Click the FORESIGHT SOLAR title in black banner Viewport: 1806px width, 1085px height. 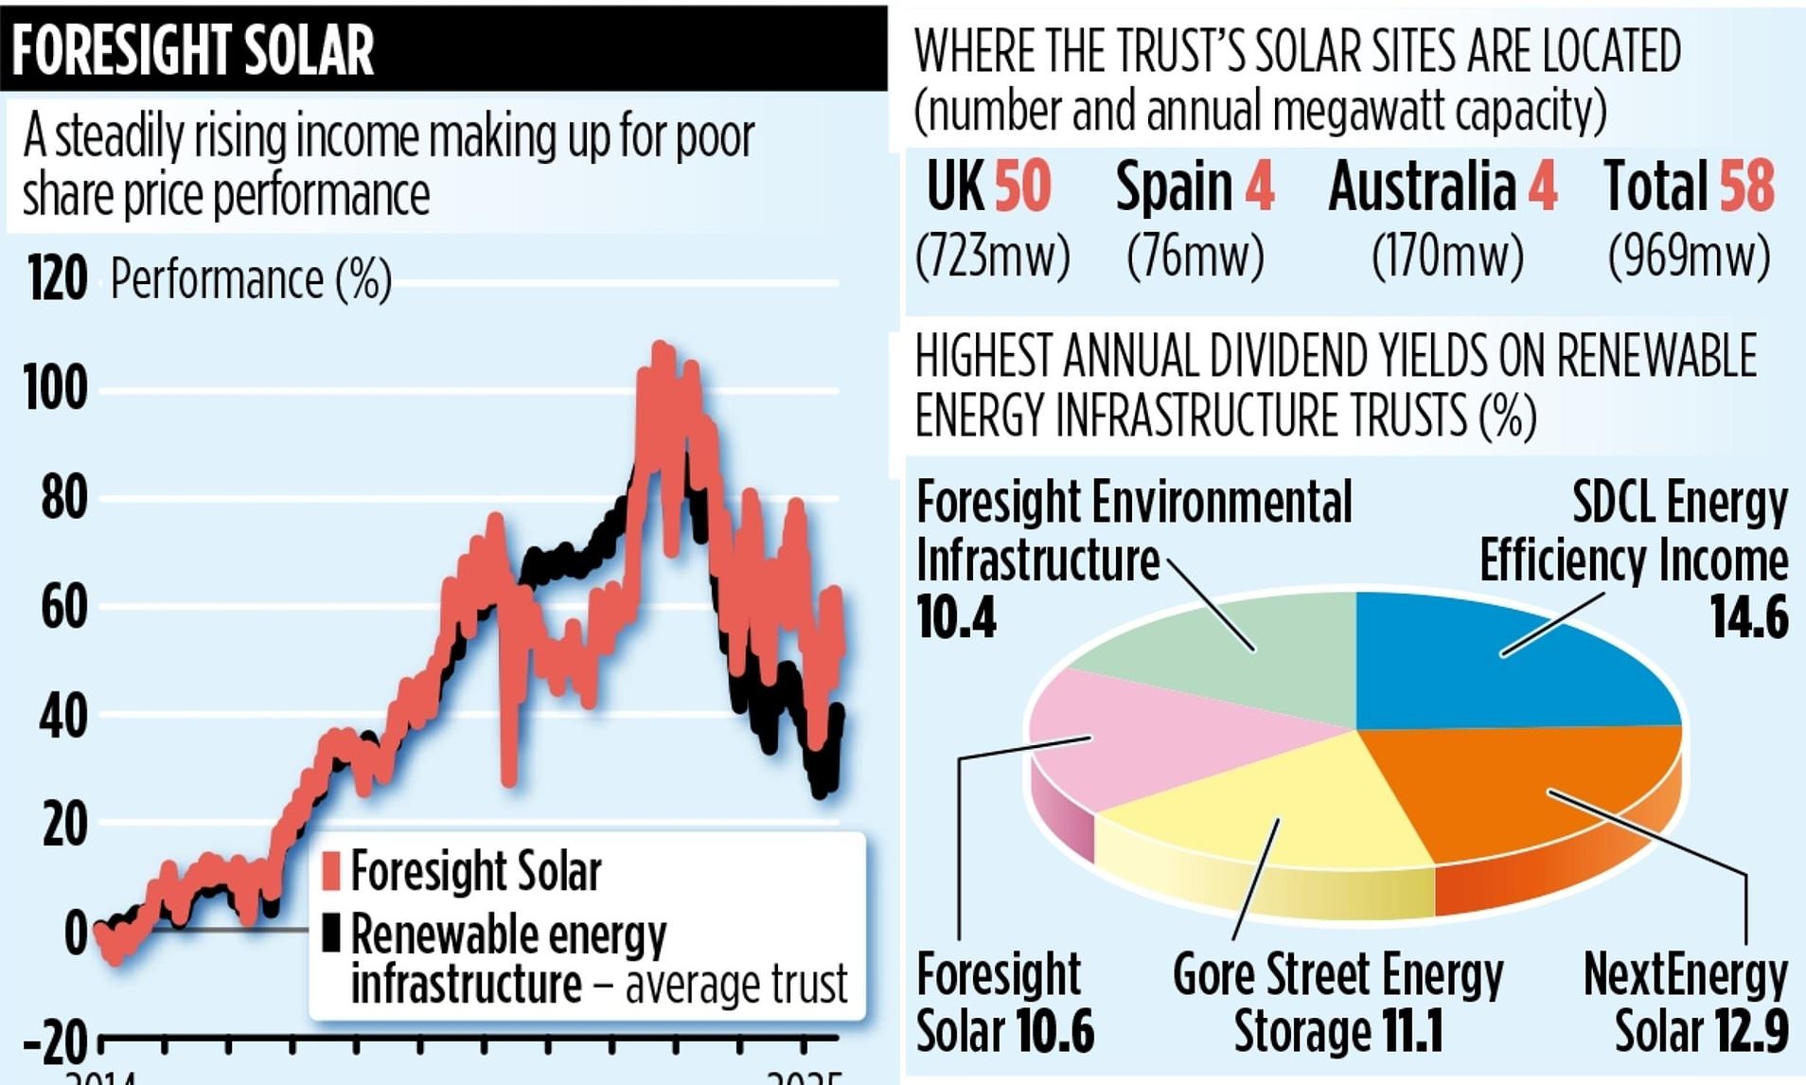coord(193,50)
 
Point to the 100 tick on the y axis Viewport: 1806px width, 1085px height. coord(56,388)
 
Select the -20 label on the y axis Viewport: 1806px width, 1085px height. coord(55,1042)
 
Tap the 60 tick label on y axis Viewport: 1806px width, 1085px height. coord(63,607)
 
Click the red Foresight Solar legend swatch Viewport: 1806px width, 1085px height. coord(330,871)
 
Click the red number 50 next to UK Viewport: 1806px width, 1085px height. coord(1021,186)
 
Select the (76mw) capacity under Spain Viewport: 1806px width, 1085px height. coord(1195,255)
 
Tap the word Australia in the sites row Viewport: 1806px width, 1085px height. coord(1422,186)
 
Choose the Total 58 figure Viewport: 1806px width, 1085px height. coord(1689,186)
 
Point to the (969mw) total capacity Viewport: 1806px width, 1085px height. coord(1689,255)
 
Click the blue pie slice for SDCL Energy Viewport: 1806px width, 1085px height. coord(1505,663)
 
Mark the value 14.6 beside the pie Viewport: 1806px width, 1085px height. coord(1748,617)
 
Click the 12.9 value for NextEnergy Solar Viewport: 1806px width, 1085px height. coord(1748,1031)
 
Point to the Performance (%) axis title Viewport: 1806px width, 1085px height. coord(251,280)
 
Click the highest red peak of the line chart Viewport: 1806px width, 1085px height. coord(661,350)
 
